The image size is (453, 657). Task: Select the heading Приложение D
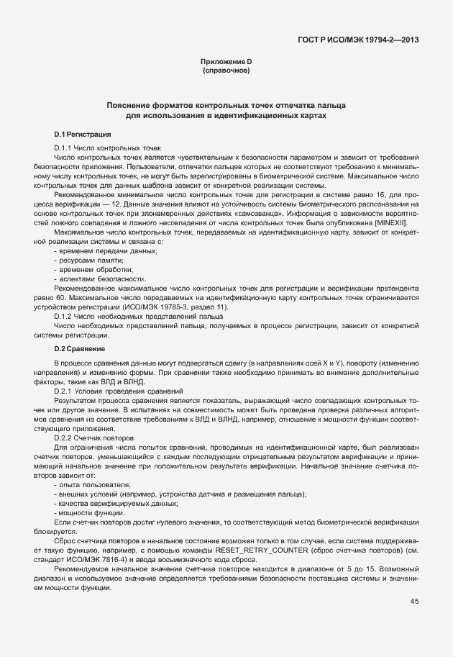226,62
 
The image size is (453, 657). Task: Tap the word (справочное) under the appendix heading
226,71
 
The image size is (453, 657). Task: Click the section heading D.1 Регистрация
82,135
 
